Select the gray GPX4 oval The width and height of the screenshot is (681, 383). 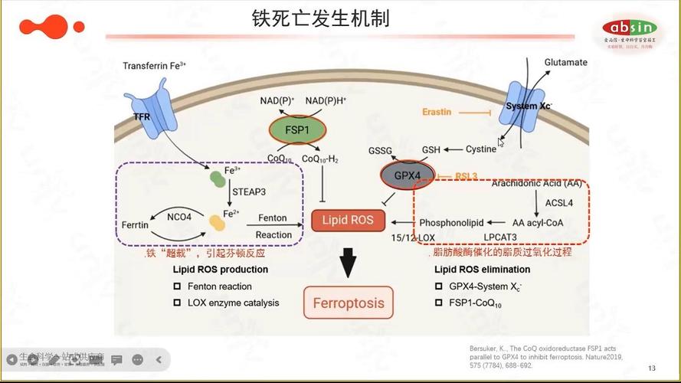click(x=408, y=175)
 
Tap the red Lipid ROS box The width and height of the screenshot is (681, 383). click(x=348, y=221)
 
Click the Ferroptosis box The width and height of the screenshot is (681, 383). click(x=349, y=303)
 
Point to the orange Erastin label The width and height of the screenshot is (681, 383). click(x=437, y=112)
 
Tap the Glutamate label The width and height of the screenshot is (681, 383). click(x=565, y=62)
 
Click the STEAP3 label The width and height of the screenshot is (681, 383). click(x=250, y=191)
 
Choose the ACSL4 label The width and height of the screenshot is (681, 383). click(x=559, y=203)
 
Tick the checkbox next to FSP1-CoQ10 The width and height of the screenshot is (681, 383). click(x=438, y=303)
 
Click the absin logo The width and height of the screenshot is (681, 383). click(x=627, y=28)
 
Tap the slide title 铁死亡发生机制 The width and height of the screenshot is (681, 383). click(x=321, y=18)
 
